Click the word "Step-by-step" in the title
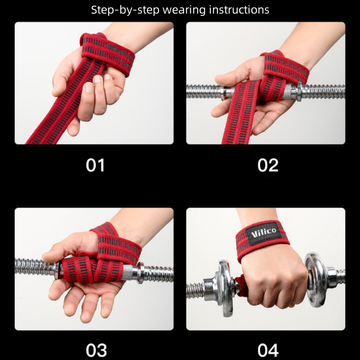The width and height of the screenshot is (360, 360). point(125,10)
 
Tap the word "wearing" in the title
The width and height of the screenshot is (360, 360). point(184,10)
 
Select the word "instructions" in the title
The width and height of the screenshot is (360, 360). point(239,9)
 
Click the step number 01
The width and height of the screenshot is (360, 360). point(95,165)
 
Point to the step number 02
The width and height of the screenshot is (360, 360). point(268,165)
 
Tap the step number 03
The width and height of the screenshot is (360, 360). point(96,351)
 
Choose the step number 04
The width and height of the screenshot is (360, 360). point(268,351)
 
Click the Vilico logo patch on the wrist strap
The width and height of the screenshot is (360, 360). point(264,233)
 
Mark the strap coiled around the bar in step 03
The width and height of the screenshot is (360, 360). point(92,269)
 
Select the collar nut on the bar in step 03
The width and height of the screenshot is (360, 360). point(140,273)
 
